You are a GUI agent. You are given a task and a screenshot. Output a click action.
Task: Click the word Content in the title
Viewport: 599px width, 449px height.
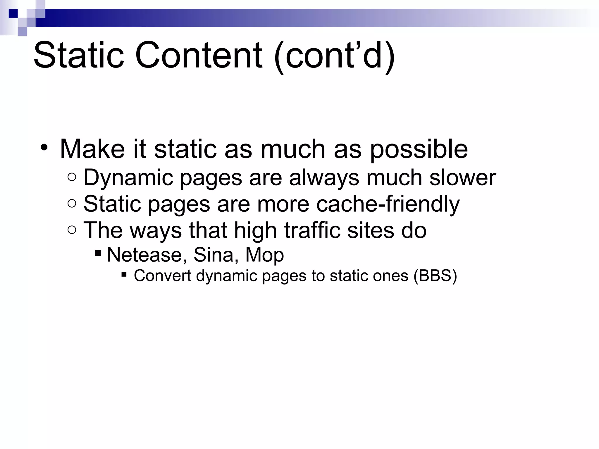click(x=199, y=56)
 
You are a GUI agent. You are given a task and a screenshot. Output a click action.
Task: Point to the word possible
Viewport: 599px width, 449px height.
click(x=419, y=150)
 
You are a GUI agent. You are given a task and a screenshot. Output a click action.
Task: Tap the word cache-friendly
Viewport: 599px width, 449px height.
click(x=388, y=204)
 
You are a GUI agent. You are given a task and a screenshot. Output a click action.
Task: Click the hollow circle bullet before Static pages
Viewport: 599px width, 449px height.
click(x=72, y=203)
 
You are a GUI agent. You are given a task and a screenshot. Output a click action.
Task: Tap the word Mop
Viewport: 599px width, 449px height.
click(x=264, y=255)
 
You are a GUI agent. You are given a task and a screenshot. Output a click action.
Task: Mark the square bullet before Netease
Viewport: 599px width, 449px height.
click(x=98, y=252)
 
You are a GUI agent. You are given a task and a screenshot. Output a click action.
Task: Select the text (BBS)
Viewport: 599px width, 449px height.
click(x=435, y=276)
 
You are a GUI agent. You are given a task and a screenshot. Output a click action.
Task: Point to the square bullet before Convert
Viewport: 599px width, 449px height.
click(x=124, y=274)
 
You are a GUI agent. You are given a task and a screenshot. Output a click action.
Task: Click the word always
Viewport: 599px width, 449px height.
click(x=324, y=177)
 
